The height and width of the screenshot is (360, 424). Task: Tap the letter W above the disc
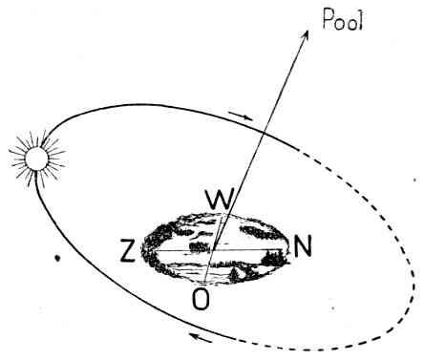coord(217,201)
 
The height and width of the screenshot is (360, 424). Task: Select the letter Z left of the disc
coord(127,251)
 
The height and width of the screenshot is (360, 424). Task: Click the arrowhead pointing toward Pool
coord(307,34)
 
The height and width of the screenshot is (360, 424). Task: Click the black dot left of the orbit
coord(58,257)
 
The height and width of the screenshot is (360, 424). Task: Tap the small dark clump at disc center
coord(198,246)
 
